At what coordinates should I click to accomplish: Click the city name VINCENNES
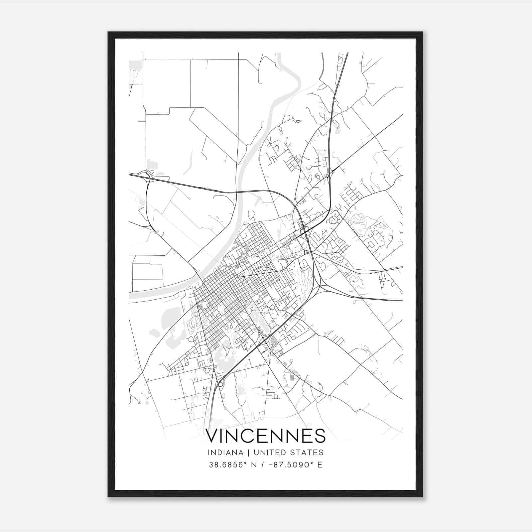tap(266, 436)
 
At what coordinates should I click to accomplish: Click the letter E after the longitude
tap(320, 465)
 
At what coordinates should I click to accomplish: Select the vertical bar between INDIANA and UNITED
tap(244, 453)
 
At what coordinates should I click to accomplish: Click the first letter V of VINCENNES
tap(213, 436)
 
